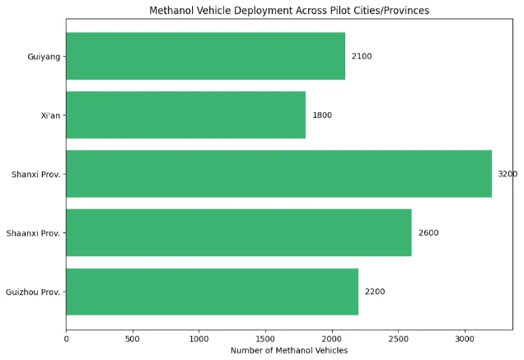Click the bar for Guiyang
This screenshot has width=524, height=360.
[x=205, y=56]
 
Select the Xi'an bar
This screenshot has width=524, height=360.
[x=185, y=115]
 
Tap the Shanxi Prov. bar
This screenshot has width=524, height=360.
[x=278, y=174]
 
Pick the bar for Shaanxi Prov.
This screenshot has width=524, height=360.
[x=238, y=233]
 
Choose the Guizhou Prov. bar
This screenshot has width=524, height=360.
[x=212, y=292]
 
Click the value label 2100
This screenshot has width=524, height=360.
[x=362, y=56]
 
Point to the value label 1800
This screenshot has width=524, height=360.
[x=322, y=115]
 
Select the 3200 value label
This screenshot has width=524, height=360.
[x=508, y=174]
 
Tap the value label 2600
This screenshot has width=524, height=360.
[x=428, y=233]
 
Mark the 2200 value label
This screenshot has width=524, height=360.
[x=375, y=292]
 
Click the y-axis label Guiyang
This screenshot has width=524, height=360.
[x=42, y=56]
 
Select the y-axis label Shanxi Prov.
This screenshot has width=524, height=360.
[x=35, y=174]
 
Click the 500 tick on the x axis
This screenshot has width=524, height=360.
[x=133, y=338]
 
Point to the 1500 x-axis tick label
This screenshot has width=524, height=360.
[x=265, y=338]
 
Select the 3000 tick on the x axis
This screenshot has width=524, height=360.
[x=465, y=338]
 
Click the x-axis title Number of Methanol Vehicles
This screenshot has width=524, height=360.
[x=289, y=351]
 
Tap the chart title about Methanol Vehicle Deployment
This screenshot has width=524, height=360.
[x=289, y=11]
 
